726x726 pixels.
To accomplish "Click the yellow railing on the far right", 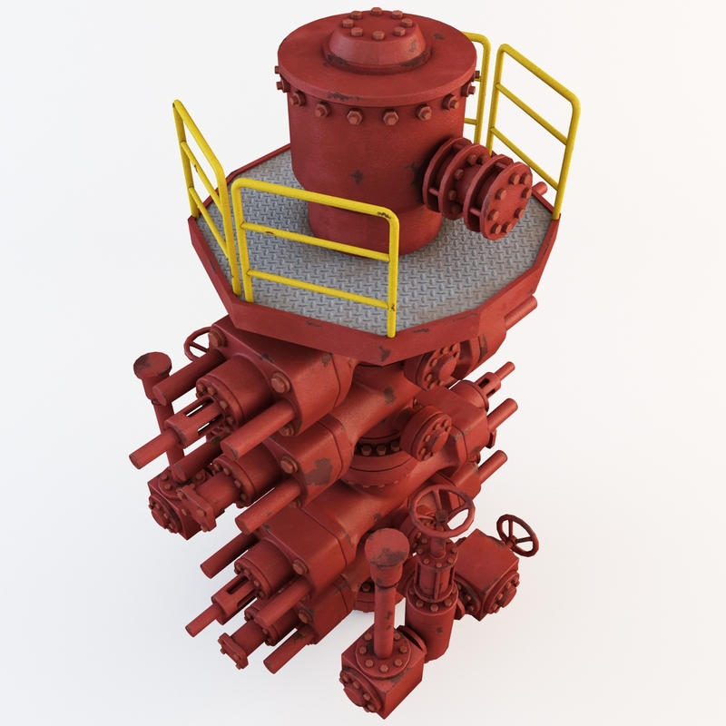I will pos(535,109).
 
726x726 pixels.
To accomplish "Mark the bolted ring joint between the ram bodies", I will pos(372,463).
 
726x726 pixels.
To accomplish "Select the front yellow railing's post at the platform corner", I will pos(393,272).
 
